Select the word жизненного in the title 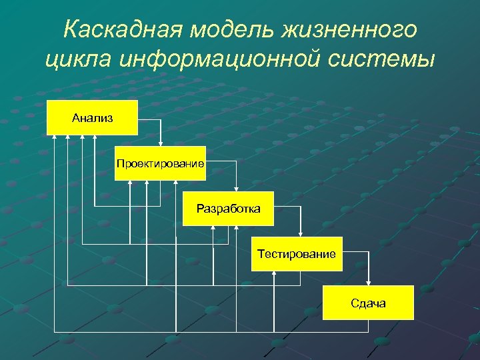[x=349, y=30]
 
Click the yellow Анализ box [x=92, y=118]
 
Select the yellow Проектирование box [x=159, y=163]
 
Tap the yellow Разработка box [x=228, y=209]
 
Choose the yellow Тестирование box [x=297, y=253]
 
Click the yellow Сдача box [x=368, y=303]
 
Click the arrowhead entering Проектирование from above [x=160, y=143]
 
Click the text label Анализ [x=92, y=118]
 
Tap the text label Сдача [x=368, y=303]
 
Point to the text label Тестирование [x=297, y=253]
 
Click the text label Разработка [x=228, y=209]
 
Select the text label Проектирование [x=159, y=163]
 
